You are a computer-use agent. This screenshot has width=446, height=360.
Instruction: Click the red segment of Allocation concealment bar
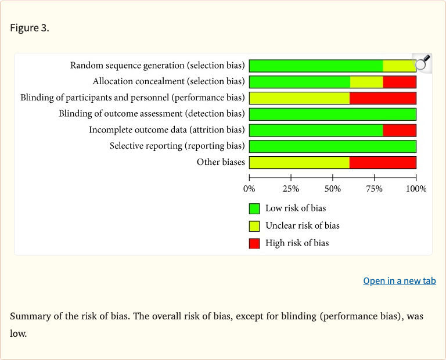pos(400,82)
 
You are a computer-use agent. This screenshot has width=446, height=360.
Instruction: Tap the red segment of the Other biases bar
pos(383,162)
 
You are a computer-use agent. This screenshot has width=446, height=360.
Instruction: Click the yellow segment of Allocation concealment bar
pos(366,82)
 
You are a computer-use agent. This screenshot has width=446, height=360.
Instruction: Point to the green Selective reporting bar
pos(332,146)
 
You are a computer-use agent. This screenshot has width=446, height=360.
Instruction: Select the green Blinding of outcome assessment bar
pos(332,114)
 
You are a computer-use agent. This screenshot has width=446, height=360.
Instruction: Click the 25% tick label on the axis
pos(290,189)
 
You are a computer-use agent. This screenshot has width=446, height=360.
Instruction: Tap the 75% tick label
pos(374,189)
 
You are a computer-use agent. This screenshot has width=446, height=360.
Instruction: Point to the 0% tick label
pos(249,189)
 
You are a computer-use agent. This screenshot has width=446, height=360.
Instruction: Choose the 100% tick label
pos(416,189)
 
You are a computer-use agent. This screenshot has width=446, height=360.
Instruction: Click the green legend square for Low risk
pos(254,208)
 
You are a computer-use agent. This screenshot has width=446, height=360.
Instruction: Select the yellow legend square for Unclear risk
pos(254,226)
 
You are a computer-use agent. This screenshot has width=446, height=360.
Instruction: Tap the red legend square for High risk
pos(254,243)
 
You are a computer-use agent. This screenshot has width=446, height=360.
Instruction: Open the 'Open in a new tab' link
pos(399,281)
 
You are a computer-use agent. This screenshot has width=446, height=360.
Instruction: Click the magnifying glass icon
pos(423,62)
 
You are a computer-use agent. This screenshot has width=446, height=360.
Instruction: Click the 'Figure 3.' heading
pos(30,28)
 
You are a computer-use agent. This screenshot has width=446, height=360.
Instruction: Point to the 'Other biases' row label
pos(221,162)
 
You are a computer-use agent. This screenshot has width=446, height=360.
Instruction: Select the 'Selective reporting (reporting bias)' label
pos(177,146)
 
